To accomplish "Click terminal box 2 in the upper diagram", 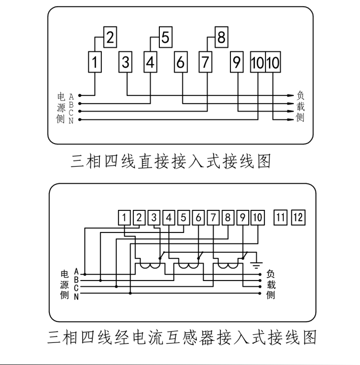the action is (110, 37).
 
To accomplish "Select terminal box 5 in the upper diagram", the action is (166, 37).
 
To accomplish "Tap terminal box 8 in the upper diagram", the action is (221, 37).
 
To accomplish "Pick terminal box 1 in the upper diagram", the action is (95, 62).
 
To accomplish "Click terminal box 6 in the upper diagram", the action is (181, 62).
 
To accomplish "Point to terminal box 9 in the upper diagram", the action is (237, 62).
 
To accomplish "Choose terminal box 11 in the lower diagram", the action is (280, 218).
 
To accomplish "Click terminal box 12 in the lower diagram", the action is (298, 218).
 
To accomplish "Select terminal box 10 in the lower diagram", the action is (258, 218).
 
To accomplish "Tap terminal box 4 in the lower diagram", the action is (168, 218).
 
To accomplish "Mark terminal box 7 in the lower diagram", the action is (213, 218).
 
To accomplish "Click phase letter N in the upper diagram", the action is (71, 121).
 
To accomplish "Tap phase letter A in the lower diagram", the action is (76, 271).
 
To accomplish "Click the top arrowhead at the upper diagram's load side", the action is (291, 96).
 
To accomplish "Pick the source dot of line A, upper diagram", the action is (80, 96).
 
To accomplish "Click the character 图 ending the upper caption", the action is (264, 161).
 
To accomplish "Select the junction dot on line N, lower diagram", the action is (130, 293).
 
